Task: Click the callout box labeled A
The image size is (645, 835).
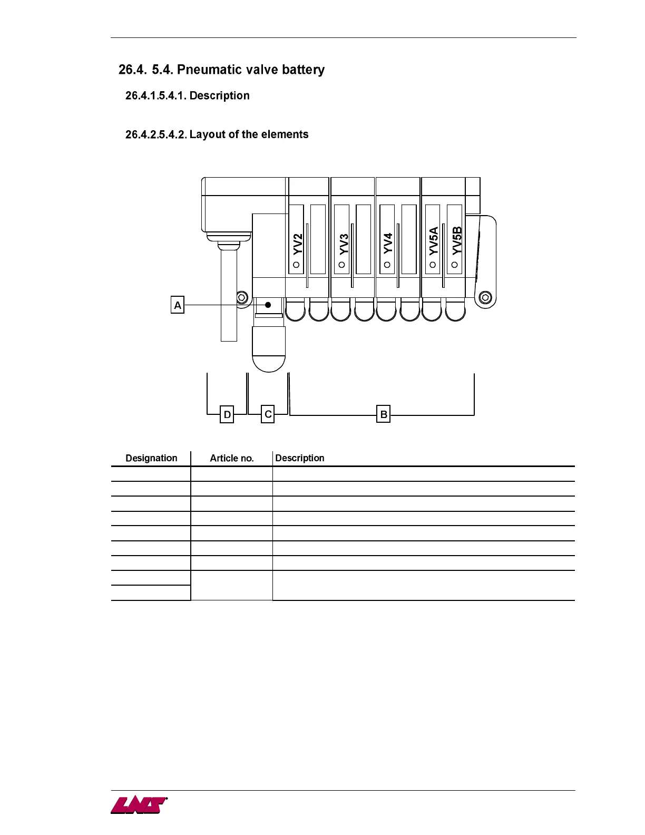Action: (178, 305)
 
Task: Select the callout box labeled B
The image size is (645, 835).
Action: (384, 414)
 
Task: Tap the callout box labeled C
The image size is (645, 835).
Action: (268, 414)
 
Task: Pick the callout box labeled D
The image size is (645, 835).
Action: (227, 414)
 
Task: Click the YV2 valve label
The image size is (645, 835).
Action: (298, 244)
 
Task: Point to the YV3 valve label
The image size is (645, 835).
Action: (344, 244)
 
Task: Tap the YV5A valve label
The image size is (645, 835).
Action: (434, 240)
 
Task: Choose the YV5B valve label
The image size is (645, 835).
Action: (457, 240)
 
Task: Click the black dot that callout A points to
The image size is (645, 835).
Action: (268, 305)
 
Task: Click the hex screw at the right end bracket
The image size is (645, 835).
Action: (486, 298)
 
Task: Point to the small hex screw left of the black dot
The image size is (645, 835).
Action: (242, 298)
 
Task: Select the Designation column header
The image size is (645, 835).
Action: (151, 458)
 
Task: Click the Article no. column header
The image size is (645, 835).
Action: (232, 458)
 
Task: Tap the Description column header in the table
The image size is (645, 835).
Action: (300, 458)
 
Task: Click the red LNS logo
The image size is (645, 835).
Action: (139, 805)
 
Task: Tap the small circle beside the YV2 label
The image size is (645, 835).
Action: (296, 265)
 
